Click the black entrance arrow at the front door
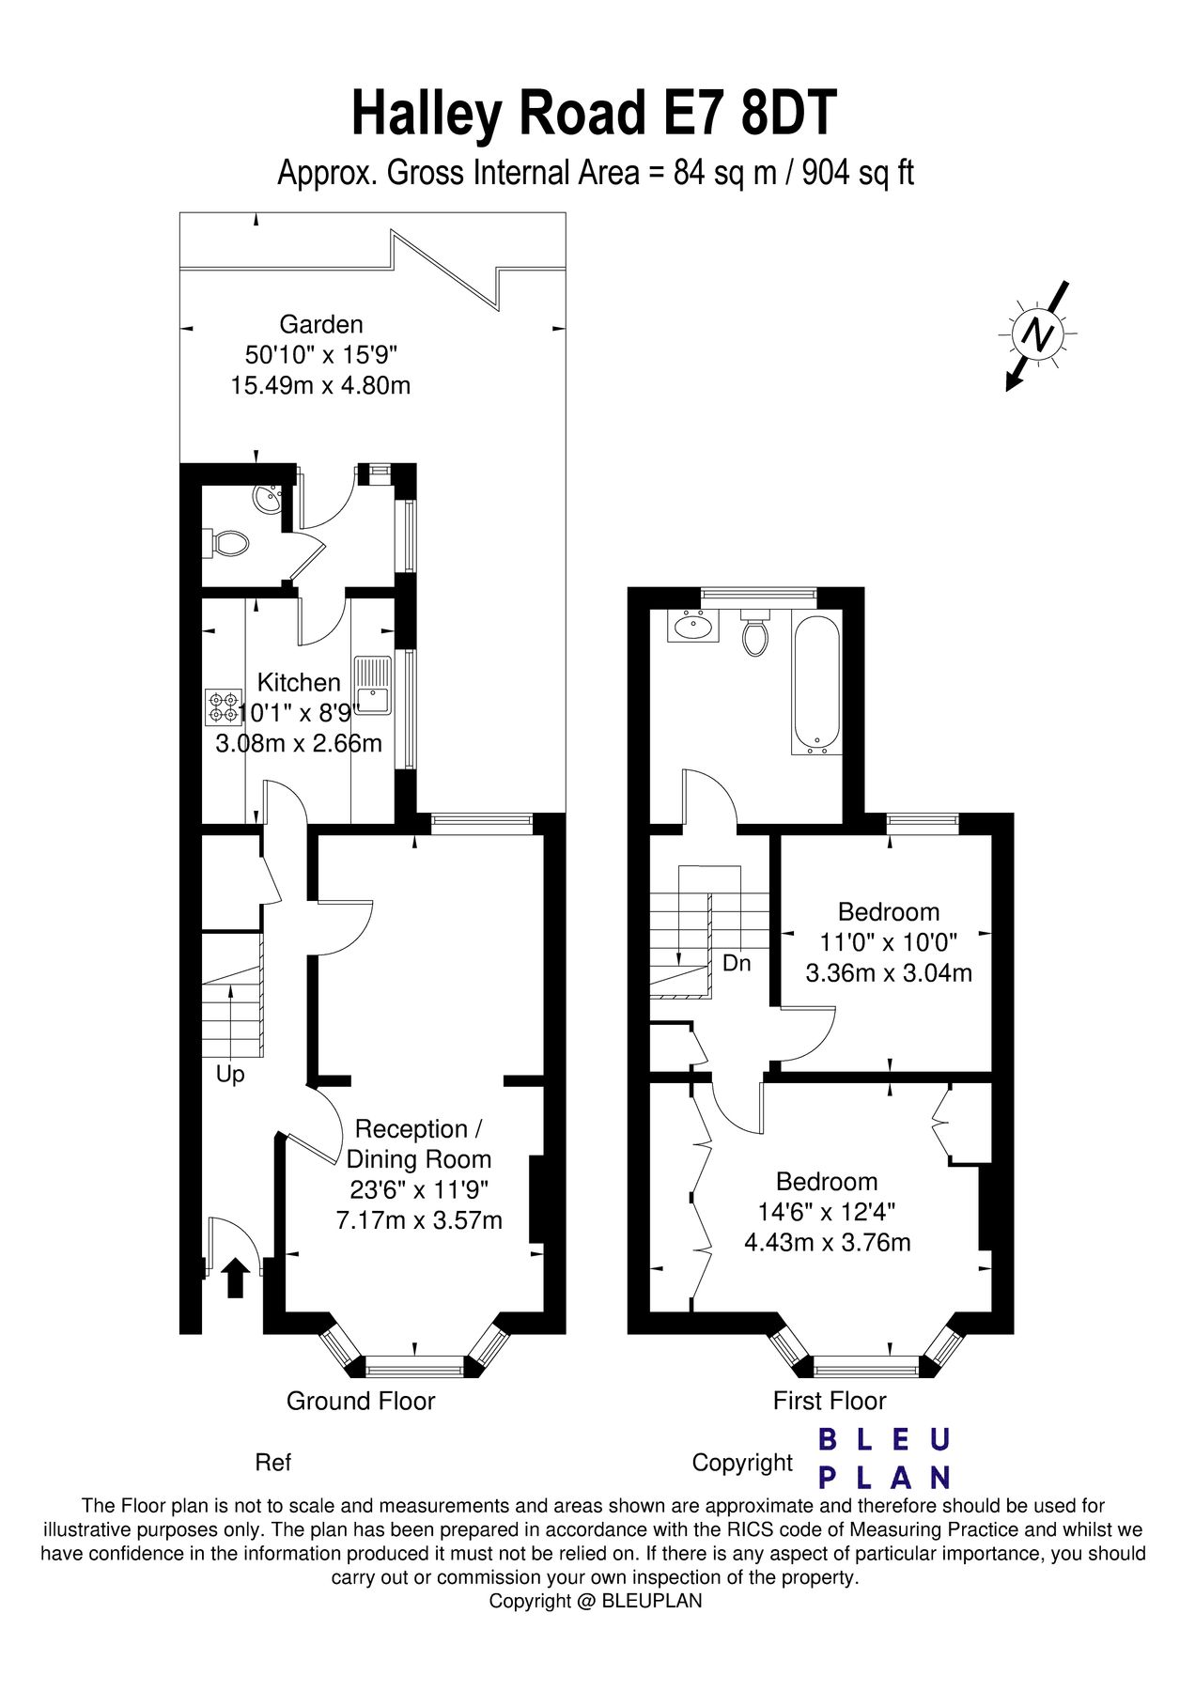coord(235,1279)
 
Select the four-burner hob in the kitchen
coord(224,707)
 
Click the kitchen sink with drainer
coord(373,687)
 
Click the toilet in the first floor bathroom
coord(754,636)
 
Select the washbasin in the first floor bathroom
coord(693,625)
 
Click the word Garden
coord(321,325)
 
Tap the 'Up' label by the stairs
coord(230,1074)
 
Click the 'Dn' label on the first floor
coord(737,963)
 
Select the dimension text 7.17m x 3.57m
coord(419,1220)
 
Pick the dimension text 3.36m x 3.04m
coord(889,972)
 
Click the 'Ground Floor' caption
coord(361,1401)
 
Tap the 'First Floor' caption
coord(830,1401)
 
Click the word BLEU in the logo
coord(884,1439)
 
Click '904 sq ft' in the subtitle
coord(858,173)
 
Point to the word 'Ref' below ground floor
coord(273,1463)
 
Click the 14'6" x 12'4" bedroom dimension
coord(827,1212)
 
